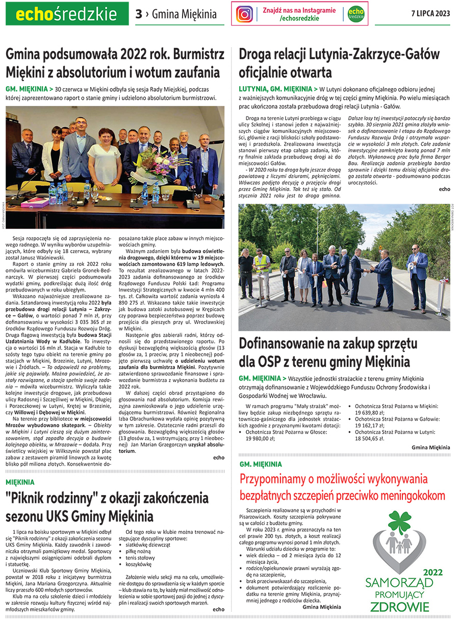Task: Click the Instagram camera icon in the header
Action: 245,14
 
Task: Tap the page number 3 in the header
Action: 138,14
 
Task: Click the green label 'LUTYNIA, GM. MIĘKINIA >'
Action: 278,89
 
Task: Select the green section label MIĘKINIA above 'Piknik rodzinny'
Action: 20,481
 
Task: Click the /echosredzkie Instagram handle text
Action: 299,18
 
